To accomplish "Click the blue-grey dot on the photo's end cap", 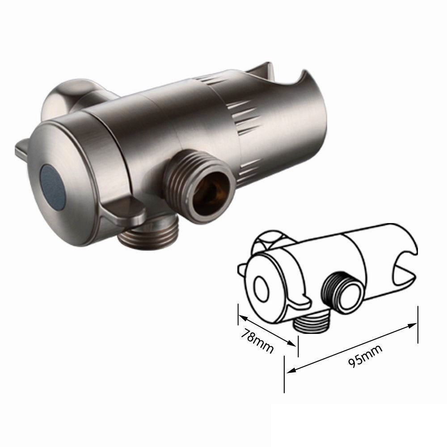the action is (53, 186).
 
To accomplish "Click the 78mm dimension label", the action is (257, 341).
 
